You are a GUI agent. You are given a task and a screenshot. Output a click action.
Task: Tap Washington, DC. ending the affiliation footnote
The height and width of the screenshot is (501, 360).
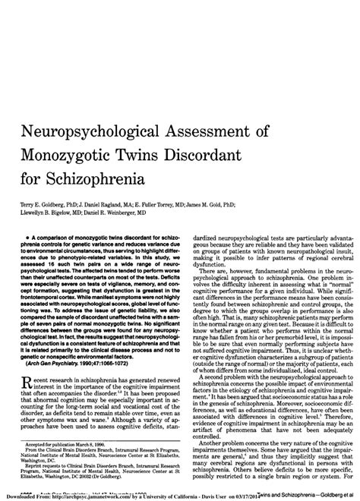coord(35,460)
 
